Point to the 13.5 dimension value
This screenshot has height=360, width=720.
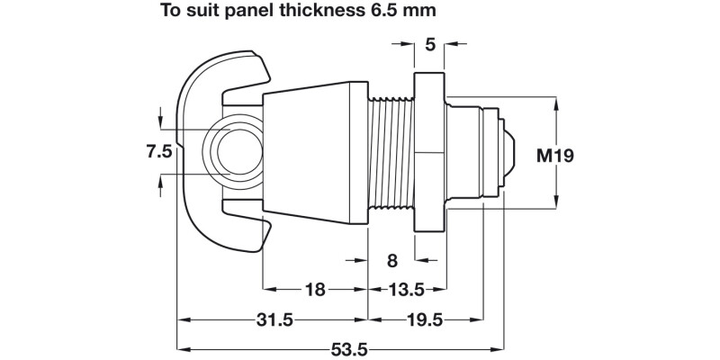[405, 290]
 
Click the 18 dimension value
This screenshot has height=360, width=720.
[315, 290]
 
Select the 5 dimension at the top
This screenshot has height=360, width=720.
[429, 42]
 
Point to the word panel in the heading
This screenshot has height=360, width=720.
[244, 13]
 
